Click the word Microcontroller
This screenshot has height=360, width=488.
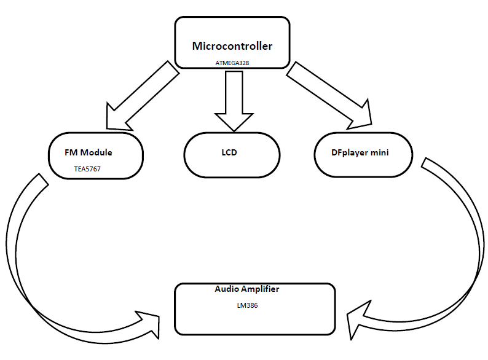click(x=232, y=46)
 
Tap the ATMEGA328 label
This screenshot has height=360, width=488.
click(x=232, y=63)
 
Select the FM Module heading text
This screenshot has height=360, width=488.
click(x=89, y=152)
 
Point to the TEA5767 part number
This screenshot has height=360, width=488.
click(x=87, y=169)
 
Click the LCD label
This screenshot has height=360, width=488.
click(x=229, y=152)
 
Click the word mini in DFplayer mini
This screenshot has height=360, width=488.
click(x=380, y=152)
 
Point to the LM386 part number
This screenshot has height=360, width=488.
click(x=248, y=305)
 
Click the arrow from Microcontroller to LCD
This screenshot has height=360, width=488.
click(x=234, y=101)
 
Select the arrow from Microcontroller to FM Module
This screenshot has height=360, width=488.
click(x=143, y=96)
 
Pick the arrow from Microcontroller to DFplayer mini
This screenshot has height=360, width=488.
click(x=329, y=95)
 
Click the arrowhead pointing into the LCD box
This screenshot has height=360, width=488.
click(x=234, y=122)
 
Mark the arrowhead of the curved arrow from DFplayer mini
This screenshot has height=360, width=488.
click(x=357, y=319)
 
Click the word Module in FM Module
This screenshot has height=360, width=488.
click(x=96, y=152)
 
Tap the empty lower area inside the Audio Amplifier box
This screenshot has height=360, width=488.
click(x=255, y=322)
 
